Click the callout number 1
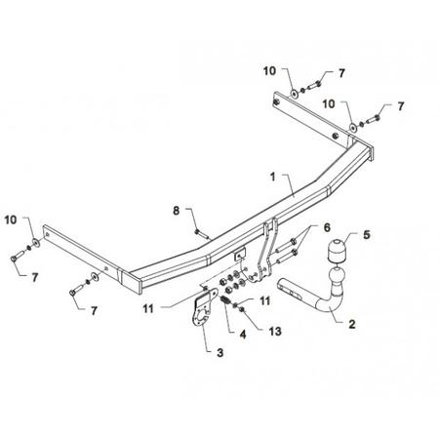[x=272, y=177]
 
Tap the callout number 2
[x=352, y=324]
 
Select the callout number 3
[x=220, y=352]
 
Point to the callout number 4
[x=243, y=334]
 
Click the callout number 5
[x=367, y=234]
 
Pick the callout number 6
[x=327, y=227]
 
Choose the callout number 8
[x=176, y=211]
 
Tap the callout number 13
[x=275, y=332]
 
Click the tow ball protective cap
[x=336, y=251]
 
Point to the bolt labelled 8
[x=202, y=234]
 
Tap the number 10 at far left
[x=11, y=219]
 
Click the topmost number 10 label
[x=269, y=71]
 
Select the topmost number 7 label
[x=341, y=73]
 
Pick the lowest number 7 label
[x=94, y=311]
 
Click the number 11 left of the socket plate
[x=148, y=308]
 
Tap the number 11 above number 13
[x=265, y=301]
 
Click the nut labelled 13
[x=242, y=309]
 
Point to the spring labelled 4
[x=226, y=300]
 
